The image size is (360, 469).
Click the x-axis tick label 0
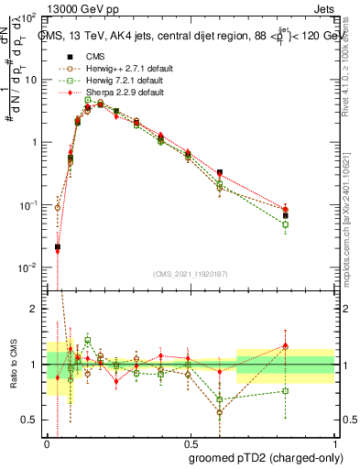pyautogui.click(x=47, y=441)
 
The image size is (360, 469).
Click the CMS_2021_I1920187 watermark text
pyautogui.click(x=191, y=273)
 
